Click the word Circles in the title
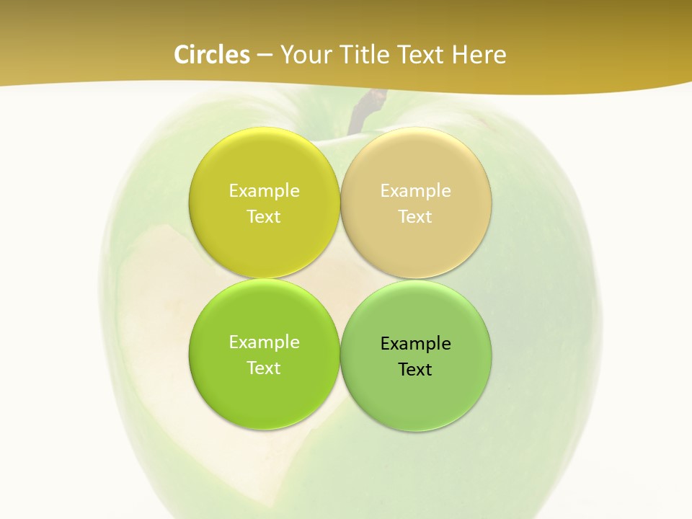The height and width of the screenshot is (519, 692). coord(212,55)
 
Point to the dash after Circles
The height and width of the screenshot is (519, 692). coord(265,56)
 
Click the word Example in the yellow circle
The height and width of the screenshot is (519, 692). coord(264,191)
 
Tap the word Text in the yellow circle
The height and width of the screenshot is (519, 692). coord(264,217)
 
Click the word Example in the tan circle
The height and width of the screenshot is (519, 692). coord(415,191)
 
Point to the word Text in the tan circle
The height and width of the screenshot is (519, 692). coord(415,217)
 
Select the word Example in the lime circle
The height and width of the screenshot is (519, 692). coord(264,342)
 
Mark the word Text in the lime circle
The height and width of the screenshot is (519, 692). coord(264,368)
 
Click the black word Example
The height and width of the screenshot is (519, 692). coord(415,344)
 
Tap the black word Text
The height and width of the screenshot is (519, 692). coord(415,370)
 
